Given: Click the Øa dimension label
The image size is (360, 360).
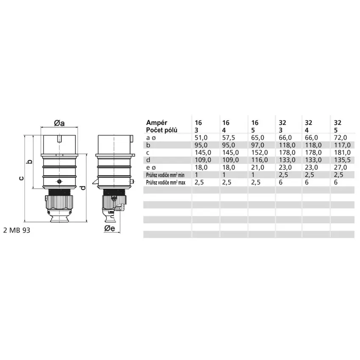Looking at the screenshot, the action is point(59,123).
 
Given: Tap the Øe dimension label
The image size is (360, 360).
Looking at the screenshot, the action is point(110,228).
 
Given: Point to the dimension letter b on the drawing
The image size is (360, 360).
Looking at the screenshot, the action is point(30,162).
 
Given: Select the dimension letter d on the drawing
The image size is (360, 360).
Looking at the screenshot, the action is point(83,188).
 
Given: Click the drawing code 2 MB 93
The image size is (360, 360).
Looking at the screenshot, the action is point(17,230).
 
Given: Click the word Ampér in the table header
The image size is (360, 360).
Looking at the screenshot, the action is point(157,122).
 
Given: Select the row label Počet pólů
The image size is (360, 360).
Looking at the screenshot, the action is point(162,130).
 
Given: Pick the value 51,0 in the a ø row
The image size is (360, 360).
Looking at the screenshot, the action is point(201,138).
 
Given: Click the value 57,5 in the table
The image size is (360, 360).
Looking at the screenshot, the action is point(229,138).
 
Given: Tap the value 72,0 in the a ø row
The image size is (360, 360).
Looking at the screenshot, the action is point(341,138).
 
